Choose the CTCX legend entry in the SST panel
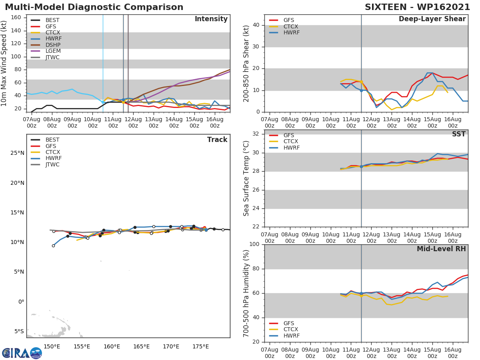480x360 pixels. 290,141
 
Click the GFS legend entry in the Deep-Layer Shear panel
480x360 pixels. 288,20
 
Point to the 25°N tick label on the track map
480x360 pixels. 17,153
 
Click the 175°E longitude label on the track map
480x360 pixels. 200,346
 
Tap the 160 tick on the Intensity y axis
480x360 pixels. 16,17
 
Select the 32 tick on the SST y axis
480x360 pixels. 255,134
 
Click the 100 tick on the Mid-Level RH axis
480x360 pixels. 254,244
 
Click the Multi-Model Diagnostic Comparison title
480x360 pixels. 94,7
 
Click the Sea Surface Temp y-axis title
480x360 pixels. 246,178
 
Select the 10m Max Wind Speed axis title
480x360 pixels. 4,64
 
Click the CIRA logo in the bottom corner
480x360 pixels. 22,353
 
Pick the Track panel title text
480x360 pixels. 217,140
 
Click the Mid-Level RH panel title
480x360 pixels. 441,249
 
